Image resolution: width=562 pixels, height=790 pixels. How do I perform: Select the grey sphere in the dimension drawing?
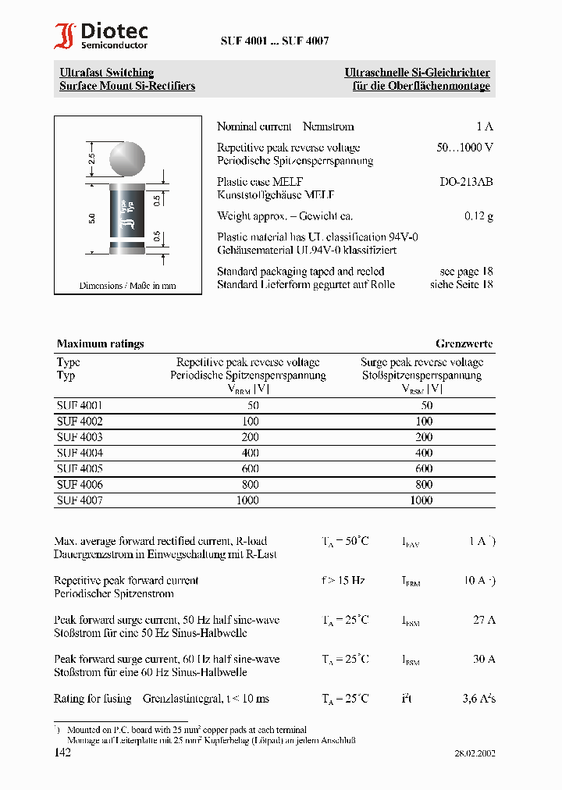[127, 158]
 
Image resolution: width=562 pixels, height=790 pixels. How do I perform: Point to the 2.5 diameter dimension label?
[92, 158]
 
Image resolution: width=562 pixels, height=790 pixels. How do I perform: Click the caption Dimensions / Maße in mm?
[127, 286]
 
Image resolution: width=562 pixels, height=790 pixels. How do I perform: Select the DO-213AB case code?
[466, 182]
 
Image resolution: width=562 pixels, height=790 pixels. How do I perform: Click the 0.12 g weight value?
[478, 216]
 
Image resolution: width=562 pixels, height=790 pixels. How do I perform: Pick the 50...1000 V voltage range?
[464, 148]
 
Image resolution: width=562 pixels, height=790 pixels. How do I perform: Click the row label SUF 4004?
[80, 453]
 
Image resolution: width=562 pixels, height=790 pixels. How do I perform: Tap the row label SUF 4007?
[80, 500]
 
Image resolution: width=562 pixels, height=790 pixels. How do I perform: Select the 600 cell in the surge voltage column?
[423, 469]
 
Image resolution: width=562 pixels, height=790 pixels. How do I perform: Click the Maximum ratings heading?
[100, 343]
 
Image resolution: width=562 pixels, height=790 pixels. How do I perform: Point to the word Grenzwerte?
[464, 343]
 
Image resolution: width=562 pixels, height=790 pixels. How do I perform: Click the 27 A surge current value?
[484, 620]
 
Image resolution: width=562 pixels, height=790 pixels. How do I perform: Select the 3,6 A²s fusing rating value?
[477, 699]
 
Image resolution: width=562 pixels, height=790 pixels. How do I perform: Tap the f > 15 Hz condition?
[343, 581]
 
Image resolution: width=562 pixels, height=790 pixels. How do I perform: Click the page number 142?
[62, 753]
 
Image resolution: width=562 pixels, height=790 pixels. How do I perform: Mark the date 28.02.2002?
[475, 753]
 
